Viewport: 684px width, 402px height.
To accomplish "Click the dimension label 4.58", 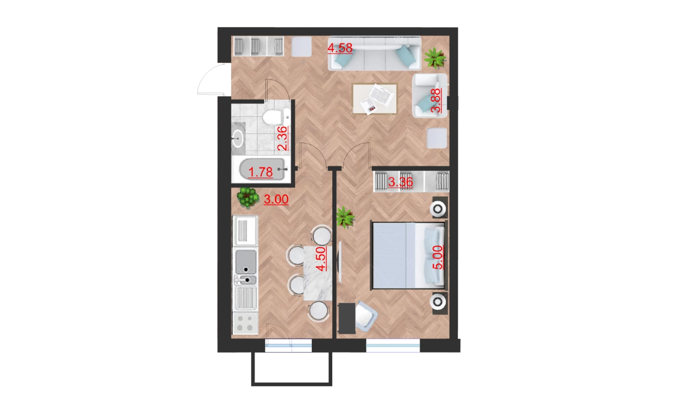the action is [340, 48].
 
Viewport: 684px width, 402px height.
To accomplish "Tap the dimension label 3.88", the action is [436, 100].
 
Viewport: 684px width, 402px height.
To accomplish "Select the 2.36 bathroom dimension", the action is [283, 138].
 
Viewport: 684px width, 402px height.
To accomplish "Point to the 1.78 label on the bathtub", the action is [260, 172].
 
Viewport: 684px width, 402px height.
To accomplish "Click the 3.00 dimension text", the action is [276, 200].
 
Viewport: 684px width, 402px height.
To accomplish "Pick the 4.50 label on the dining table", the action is [321, 259].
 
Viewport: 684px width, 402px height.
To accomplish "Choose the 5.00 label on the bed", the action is [438, 257].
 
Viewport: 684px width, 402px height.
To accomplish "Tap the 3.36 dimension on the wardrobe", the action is [400, 183].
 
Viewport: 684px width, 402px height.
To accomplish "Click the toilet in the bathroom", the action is [276, 116].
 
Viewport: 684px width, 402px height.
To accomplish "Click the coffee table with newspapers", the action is [375, 98].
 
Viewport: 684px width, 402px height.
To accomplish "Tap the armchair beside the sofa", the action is [429, 96].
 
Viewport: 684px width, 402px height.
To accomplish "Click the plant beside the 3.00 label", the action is [248, 198].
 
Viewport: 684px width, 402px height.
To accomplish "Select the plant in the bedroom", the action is [345, 217].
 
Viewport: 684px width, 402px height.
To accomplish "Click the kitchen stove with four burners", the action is [245, 323].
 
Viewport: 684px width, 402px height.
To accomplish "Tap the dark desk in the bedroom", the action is [347, 318].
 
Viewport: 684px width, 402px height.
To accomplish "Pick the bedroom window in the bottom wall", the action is [393, 346].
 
